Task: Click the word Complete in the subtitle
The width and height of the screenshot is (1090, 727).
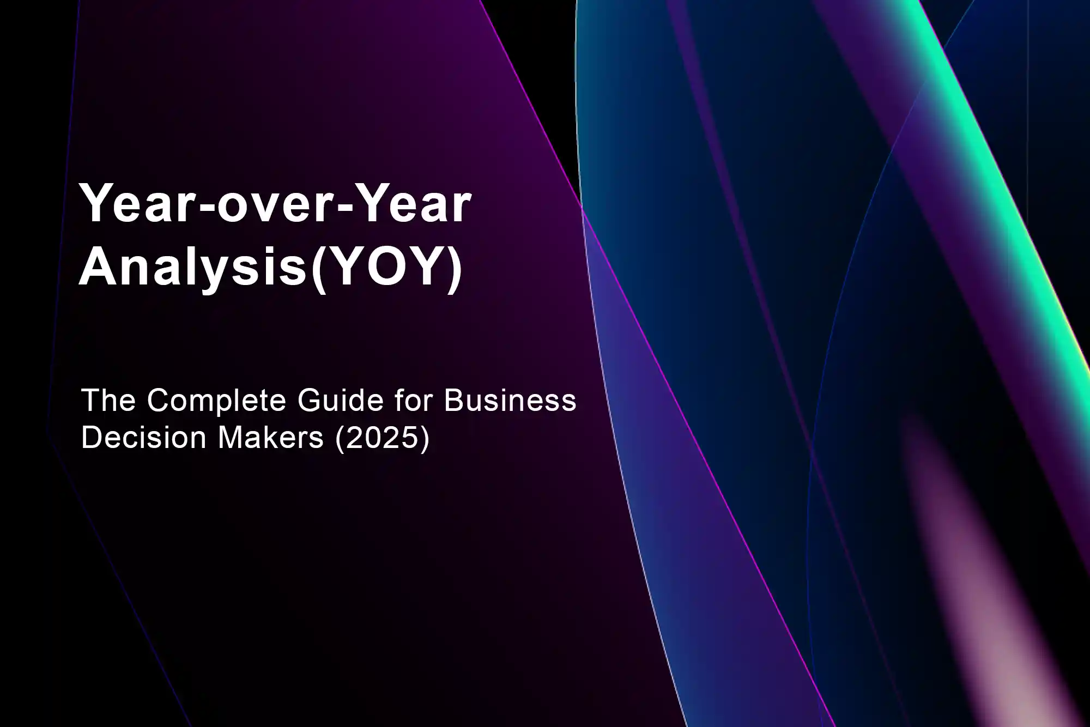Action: tap(216, 402)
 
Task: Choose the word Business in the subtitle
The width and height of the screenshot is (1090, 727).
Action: tap(510, 401)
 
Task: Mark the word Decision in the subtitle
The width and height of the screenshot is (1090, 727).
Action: tap(144, 438)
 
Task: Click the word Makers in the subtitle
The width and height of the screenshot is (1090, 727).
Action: tap(271, 438)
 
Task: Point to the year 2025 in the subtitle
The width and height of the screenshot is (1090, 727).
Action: tap(383, 438)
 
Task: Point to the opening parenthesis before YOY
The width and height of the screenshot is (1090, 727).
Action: tap(319, 269)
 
